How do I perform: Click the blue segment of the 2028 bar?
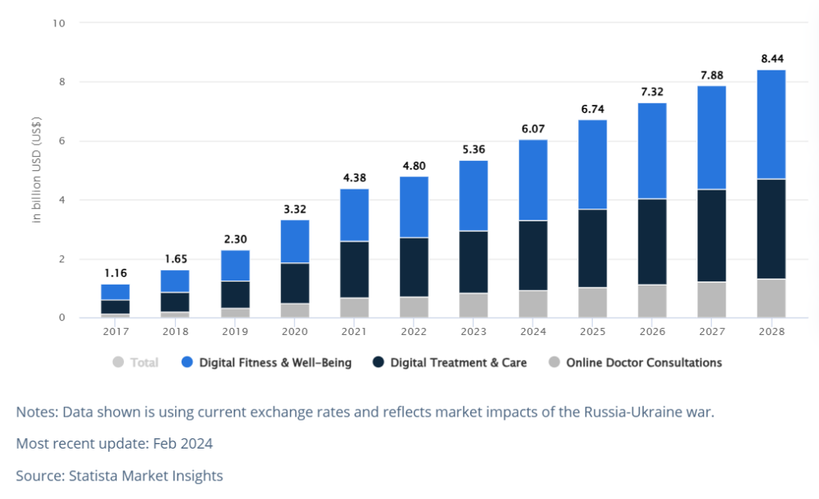pyautogui.click(x=772, y=124)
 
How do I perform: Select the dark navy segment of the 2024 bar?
pyautogui.click(x=533, y=255)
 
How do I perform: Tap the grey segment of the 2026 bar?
pyautogui.click(x=652, y=301)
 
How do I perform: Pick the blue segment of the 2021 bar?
pyautogui.click(x=354, y=215)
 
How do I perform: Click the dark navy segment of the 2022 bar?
pyautogui.click(x=414, y=267)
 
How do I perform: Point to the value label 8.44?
pyautogui.click(x=772, y=58)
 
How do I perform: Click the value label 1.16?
pyautogui.click(x=115, y=273)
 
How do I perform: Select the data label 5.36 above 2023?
pyautogui.click(x=473, y=150)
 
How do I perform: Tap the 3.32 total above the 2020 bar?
pyautogui.click(x=294, y=210)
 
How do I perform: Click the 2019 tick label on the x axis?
pyautogui.click(x=235, y=331)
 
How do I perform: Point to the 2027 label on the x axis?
pyautogui.click(x=712, y=331)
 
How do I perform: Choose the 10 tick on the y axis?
pyautogui.click(x=58, y=23)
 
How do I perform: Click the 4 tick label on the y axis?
pyautogui.click(x=62, y=200)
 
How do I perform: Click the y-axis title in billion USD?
pyautogui.click(x=36, y=170)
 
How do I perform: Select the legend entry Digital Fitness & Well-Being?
pyautogui.click(x=266, y=362)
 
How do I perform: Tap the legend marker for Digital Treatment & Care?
pyautogui.click(x=378, y=362)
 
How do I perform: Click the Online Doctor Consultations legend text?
pyautogui.click(x=644, y=362)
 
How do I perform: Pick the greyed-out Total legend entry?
pyautogui.click(x=135, y=362)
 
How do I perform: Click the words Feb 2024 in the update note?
pyautogui.click(x=183, y=444)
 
